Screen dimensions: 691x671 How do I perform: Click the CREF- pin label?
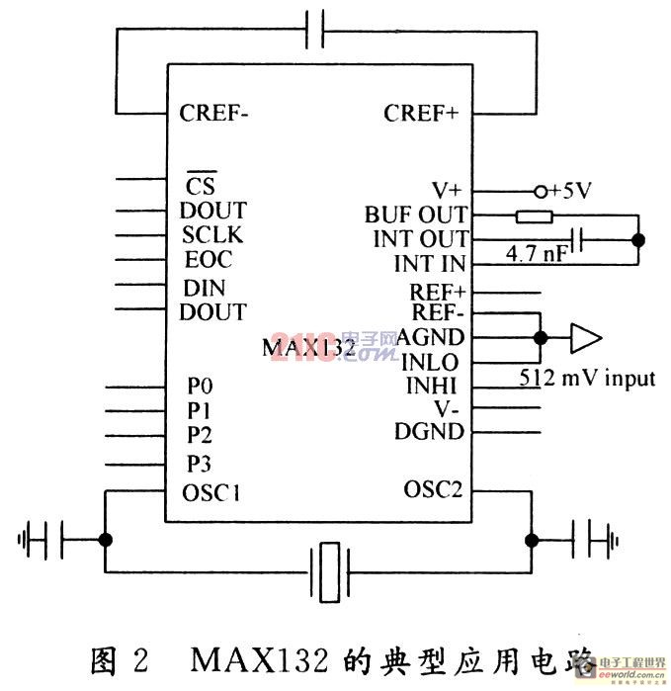click(x=214, y=112)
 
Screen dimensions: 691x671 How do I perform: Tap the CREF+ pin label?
click(x=421, y=113)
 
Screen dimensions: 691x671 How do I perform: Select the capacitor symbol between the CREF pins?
click(x=316, y=30)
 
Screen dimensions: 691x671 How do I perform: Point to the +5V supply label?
click(x=567, y=189)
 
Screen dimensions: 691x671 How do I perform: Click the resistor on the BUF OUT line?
click(x=534, y=215)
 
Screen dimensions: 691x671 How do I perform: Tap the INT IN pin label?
click(x=431, y=264)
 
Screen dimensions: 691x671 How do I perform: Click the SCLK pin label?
click(x=212, y=236)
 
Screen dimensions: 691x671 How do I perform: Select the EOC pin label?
click(x=209, y=260)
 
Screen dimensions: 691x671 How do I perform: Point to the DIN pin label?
click(x=205, y=289)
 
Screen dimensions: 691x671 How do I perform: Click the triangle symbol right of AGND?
click(x=585, y=338)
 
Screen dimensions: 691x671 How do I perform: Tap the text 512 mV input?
click(x=587, y=378)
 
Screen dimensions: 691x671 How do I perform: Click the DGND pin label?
click(x=430, y=431)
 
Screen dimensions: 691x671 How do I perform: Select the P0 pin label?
click(x=199, y=387)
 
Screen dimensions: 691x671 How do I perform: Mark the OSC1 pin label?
click(x=211, y=491)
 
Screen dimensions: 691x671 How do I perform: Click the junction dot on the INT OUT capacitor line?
click(x=637, y=239)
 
